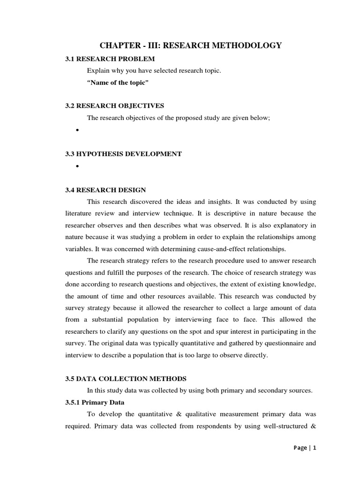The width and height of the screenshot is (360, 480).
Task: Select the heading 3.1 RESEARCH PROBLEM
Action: tap(109, 59)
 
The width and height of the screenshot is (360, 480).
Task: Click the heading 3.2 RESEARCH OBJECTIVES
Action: tap(114, 106)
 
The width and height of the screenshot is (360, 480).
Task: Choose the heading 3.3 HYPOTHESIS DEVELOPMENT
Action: tap(123, 154)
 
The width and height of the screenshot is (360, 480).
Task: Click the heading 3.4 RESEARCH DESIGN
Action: tap(105, 190)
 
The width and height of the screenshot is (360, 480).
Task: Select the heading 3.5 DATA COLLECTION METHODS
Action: tap(126, 378)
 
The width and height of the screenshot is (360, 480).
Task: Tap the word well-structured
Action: tap(286, 426)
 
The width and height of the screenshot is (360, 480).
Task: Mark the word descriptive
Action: tap(214, 213)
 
